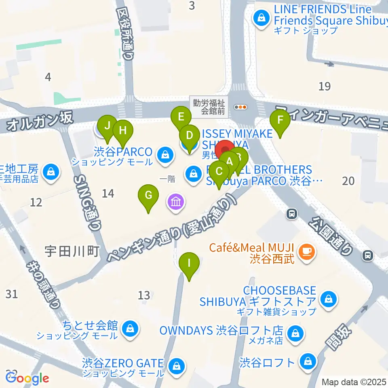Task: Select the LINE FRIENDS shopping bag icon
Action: point(261,18)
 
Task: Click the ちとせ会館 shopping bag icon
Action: point(130,328)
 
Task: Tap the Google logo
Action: point(27,378)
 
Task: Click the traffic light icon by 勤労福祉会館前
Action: point(240,107)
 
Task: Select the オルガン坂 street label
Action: point(40,120)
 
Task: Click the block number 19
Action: point(325,86)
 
